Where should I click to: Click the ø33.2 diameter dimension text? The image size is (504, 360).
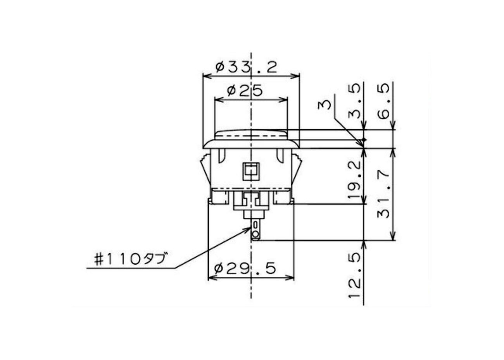click(246, 67)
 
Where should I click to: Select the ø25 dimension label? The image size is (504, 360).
click(245, 90)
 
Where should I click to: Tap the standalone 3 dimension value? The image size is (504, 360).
click(324, 105)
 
